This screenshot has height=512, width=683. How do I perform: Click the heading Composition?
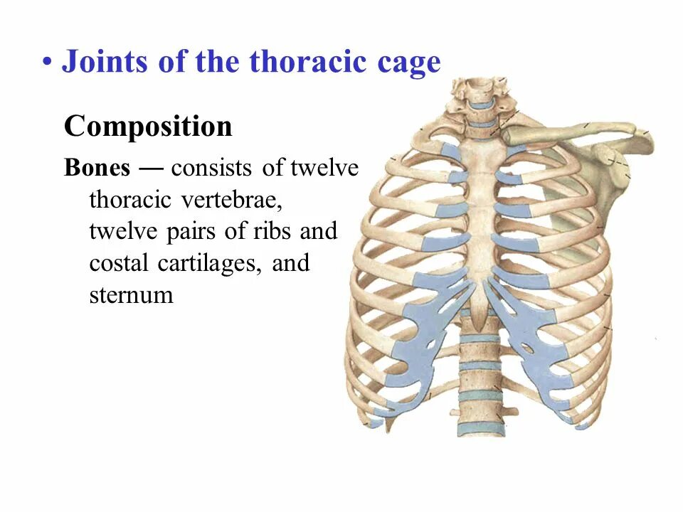point(148,127)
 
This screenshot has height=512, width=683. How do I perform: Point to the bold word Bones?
point(97,168)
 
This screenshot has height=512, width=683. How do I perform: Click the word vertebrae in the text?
point(232,200)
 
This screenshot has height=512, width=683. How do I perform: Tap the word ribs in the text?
point(270,232)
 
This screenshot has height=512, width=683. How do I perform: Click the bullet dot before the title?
point(47,63)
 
